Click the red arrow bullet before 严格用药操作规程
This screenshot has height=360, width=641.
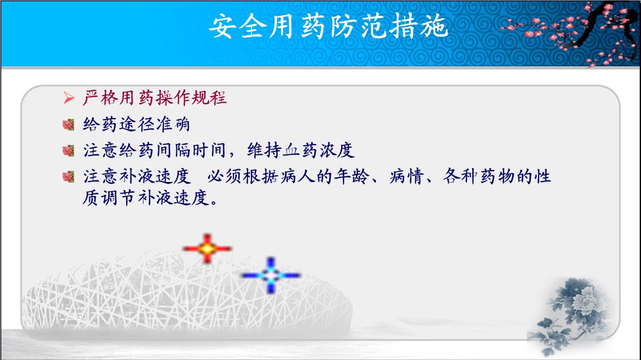[69, 98]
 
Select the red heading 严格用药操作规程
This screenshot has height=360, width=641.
[154, 98]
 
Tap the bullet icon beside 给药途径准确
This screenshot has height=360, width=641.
[68, 125]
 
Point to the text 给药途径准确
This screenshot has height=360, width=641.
[137, 124]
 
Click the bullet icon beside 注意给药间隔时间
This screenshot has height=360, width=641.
[68, 151]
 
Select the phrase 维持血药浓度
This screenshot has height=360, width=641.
[301, 150]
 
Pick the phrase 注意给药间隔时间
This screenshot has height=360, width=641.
[154, 150]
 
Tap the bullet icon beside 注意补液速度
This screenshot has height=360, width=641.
[68, 177]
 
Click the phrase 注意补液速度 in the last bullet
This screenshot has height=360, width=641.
[137, 176]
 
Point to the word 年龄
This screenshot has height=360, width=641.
[352, 176]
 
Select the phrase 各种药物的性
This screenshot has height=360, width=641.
[497, 176]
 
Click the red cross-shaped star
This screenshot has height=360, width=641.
[207, 249]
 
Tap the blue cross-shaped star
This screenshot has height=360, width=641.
[271, 275]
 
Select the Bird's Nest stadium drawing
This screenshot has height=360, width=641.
[186, 294]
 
